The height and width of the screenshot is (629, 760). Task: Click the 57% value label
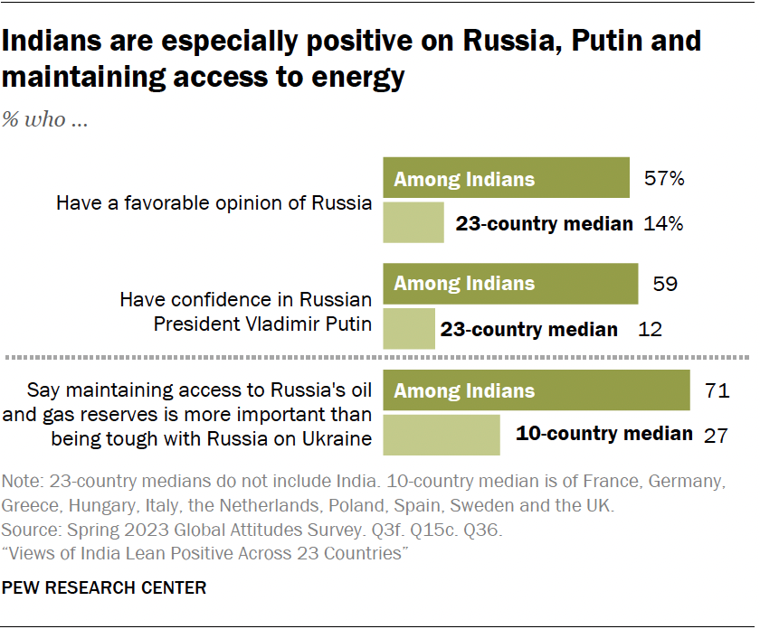coord(664,178)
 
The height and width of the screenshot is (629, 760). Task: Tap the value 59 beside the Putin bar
coord(665,284)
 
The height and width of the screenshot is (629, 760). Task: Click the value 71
coord(716,391)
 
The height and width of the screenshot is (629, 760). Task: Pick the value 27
coord(717,435)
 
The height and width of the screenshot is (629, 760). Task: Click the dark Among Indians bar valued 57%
coord(507,178)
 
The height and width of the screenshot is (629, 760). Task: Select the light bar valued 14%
coord(413,223)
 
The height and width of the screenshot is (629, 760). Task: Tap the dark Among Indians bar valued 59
coord(511,284)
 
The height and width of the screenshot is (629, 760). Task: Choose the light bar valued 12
coord(409,329)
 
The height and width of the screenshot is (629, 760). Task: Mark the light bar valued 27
coord(442,435)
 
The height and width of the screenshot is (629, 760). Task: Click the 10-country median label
coord(603,434)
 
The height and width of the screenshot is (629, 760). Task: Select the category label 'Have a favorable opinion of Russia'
coord(214,202)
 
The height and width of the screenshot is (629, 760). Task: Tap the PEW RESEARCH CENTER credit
coord(105,588)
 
